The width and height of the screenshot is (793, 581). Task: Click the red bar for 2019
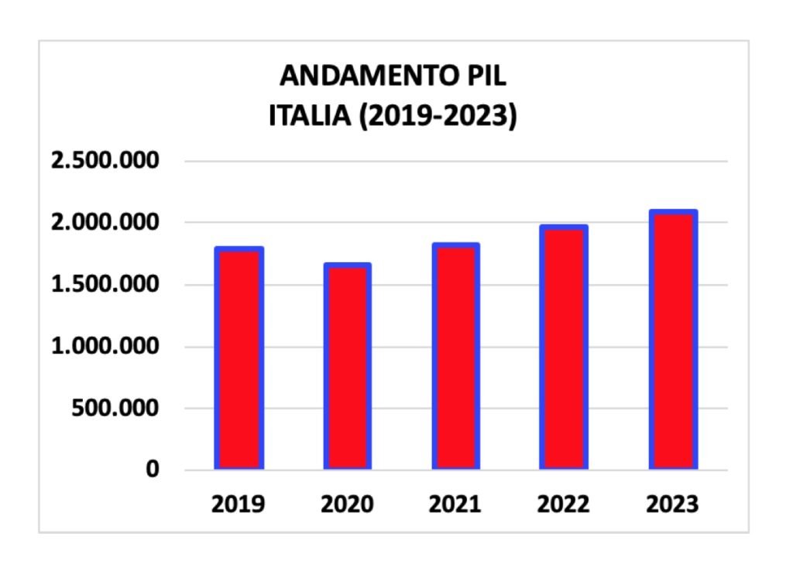[x=239, y=358]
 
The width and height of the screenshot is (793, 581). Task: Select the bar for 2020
[x=347, y=367]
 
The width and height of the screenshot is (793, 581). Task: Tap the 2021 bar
[x=455, y=357]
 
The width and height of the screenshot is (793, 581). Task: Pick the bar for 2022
[x=564, y=347]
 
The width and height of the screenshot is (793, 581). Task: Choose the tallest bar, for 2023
[x=672, y=340]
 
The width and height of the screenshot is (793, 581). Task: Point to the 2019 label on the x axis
[x=239, y=504]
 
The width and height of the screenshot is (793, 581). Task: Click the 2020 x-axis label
[x=347, y=504]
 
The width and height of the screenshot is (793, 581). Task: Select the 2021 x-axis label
[x=455, y=504]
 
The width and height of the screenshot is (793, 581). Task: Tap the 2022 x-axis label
[x=564, y=504]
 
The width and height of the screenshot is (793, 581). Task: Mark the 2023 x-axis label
[x=672, y=504]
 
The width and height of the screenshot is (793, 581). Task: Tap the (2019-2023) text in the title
[x=438, y=118]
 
